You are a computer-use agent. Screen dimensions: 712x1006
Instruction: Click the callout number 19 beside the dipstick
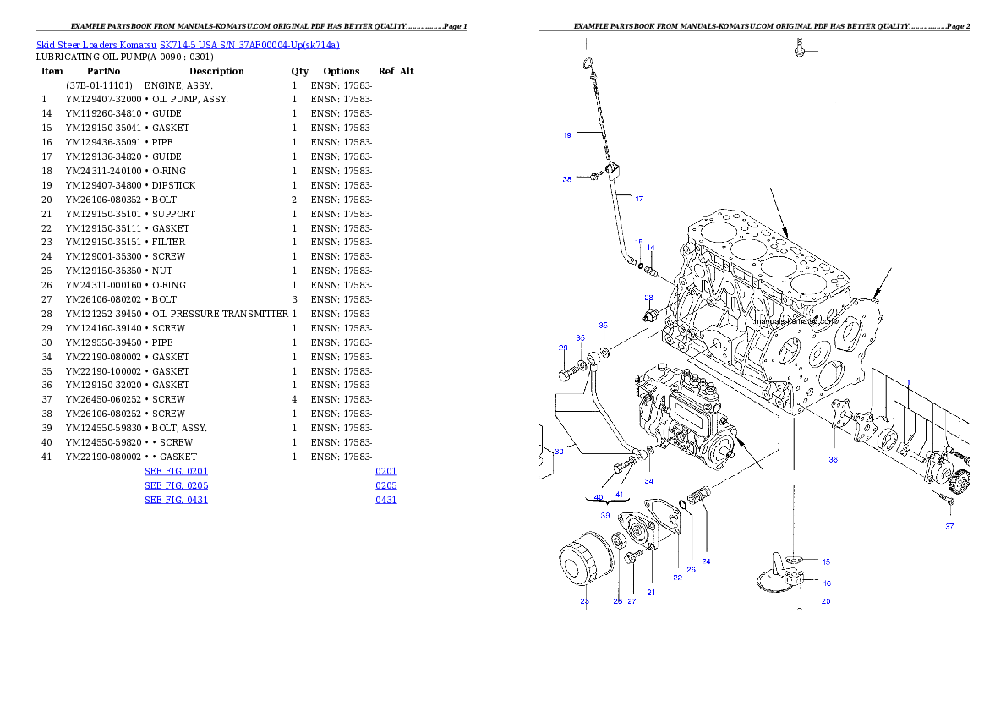pyautogui.click(x=567, y=135)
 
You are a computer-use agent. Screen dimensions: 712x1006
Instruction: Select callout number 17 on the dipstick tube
pyautogui.click(x=638, y=199)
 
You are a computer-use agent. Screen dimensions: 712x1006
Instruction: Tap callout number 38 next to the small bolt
pyautogui.click(x=567, y=179)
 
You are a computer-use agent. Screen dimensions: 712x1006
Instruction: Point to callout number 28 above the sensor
pyautogui.click(x=648, y=298)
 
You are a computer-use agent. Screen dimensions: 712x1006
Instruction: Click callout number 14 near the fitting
pyautogui.click(x=650, y=248)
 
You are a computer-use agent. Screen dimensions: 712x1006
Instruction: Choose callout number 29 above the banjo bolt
pyautogui.click(x=563, y=348)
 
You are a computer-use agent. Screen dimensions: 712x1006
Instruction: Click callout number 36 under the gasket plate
pyautogui.click(x=833, y=460)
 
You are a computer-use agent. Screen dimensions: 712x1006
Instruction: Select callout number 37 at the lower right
pyautogui.click(x=949, y=526)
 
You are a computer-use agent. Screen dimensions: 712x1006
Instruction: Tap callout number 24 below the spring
pyautogui.click(x=706, y=561)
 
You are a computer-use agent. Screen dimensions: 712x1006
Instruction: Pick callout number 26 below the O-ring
pyautogui.click(x=691, y=570)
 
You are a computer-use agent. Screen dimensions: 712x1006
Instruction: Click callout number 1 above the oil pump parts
pyautogui.click(x=909, y=383)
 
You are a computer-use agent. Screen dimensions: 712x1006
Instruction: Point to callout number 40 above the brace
pyautogui.click(x=599, y=496)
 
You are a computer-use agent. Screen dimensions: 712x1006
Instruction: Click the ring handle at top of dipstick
pyautogui.click(x=586, y=62)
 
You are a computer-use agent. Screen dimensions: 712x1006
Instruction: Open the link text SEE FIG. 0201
pyautogui.click(x=176, y=471)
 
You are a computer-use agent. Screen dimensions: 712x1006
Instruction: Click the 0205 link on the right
pyautogui.click(x=386, y=485)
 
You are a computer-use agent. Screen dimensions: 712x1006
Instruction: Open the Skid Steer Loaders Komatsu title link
pyautogui.click(x=188, y=45)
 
